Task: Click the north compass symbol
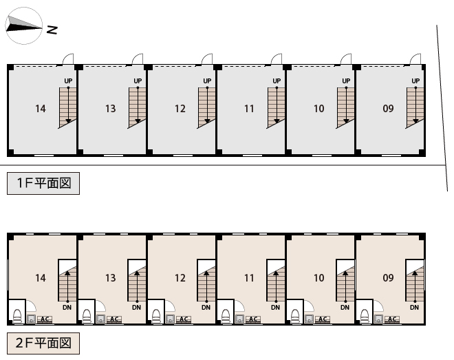tap(24, 26)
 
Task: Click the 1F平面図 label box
tap(43, 183)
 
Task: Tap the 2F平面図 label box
tap(43, 343)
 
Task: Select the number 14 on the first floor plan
tap(41, 109)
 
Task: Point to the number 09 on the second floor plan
tap(388, 278)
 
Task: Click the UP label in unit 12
tap(207, 81)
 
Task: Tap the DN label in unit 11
tap(275, 307)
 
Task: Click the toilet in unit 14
tap(17, 316)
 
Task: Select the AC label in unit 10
tap(323, 319)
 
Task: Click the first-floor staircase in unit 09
tap(415, 108)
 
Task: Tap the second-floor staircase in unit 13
tap(137, 284)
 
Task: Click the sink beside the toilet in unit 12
tap(170, 319)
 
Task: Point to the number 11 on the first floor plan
tap(249, 109)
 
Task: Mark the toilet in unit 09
tap(365, 316)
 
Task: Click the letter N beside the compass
tap(52, 30)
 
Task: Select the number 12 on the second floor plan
tap(180, 278)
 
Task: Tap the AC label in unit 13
tap(114, 319)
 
